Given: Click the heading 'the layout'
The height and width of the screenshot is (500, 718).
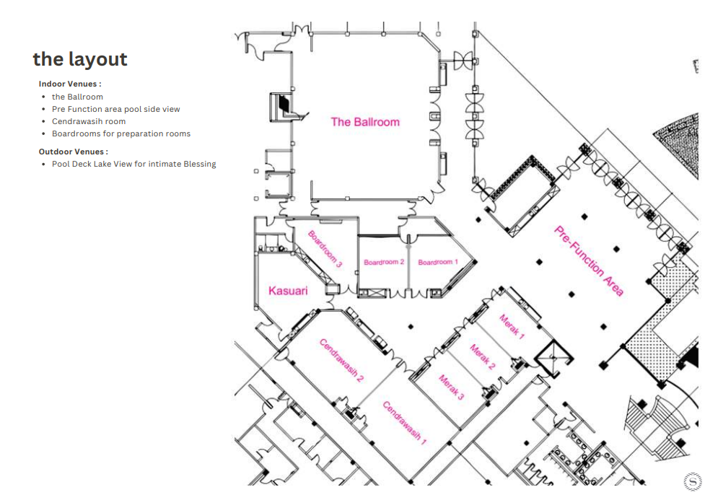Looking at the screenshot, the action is click(80, 59).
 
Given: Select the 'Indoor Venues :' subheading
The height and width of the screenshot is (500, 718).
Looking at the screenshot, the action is click(70, 84).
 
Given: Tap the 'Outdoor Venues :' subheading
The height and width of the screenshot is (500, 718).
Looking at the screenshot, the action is click(74, 152).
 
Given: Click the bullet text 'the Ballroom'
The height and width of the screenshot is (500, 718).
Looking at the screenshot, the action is click(77, 97).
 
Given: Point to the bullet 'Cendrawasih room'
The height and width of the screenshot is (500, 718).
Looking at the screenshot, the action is click(89, 121).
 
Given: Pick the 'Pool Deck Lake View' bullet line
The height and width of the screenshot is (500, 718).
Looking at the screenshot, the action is click(133, 164).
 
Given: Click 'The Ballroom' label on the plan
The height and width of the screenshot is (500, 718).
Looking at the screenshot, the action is click(365, 122).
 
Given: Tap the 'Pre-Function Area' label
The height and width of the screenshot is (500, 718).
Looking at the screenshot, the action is click(589, 260).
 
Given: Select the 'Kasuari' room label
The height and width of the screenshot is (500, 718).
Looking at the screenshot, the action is click(288, 291).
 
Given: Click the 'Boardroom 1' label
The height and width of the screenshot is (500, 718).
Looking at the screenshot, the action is click(438, 263).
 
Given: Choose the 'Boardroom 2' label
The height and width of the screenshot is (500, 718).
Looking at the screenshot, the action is click(384, 263).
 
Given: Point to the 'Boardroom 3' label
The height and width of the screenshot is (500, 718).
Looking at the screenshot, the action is click(325, 249).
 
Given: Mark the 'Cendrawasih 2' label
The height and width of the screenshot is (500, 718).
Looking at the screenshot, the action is click(341, 360).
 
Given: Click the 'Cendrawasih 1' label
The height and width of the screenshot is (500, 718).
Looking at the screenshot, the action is click(405, 423).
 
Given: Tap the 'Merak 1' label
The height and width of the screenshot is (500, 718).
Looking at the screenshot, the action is click(512, 326).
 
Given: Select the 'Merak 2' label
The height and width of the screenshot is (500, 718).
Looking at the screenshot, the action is click(483, 356).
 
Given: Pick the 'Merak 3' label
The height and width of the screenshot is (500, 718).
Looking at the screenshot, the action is click(452, 387).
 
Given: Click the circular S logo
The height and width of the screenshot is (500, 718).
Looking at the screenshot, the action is click(692, 482).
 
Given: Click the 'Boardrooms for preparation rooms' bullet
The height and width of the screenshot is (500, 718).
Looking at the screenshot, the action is click(121, 133).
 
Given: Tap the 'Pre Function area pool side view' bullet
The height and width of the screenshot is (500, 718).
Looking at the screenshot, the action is click(116, 109).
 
